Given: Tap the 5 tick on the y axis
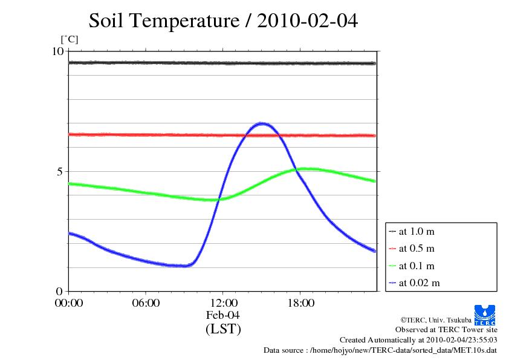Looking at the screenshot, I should [x=60, y=171].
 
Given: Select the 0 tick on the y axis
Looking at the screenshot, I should [x=60, y=291].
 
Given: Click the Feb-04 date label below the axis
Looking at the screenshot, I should [x=223, y=315].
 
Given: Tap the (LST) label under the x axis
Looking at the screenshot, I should [x=223, y=329].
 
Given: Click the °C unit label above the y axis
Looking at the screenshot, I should [x=69, y=40].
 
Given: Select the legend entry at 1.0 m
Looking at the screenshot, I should [x=417, y=231].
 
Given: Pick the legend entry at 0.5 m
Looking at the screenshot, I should [x=417, y=248].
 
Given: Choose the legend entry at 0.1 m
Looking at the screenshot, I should [x=417, y=266].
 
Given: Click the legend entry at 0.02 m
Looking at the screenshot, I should [x=419, y=283].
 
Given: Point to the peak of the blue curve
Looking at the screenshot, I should [x=262, y=123].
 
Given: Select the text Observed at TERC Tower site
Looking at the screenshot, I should [x=446, y=330].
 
